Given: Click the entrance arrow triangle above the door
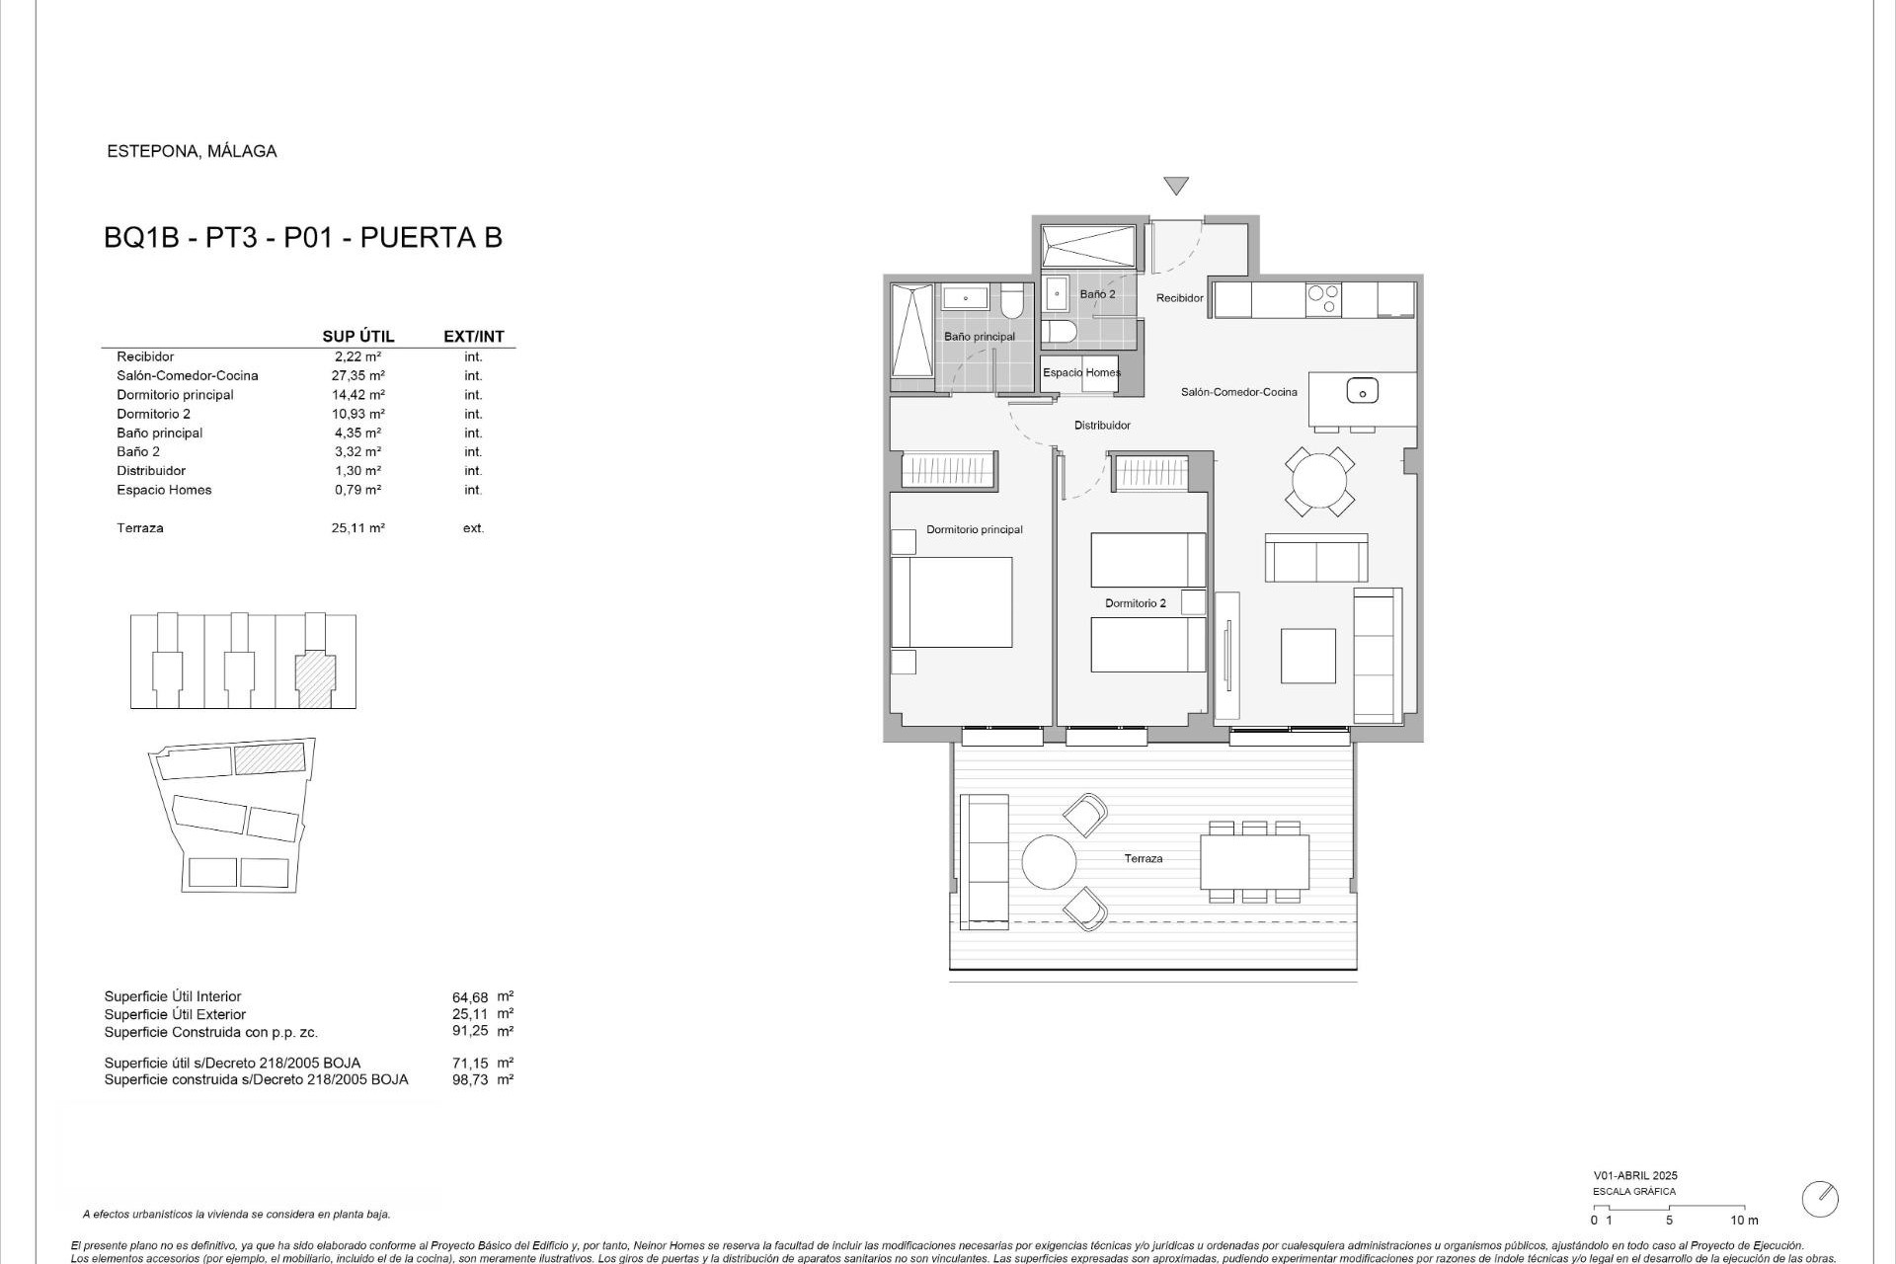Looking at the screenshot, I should point(1175,186).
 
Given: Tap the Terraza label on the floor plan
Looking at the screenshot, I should point(1143,859).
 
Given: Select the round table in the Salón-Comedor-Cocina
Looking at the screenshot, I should point(1319,482).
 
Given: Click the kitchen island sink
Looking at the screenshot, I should point(1362,391).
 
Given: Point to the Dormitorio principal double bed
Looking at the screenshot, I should point(952,602).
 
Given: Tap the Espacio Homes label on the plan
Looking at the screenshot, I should point(1081,372).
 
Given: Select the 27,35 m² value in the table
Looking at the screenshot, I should point(357,375).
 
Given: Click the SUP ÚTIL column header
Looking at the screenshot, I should point(357,337).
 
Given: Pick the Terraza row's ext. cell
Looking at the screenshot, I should point(473,528).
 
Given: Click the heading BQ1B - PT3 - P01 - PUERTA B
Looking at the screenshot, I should point(303,238).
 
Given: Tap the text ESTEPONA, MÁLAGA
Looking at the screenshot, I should point(192,151).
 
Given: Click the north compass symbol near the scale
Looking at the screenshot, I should point(1819,1199).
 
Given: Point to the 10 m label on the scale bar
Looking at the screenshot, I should point(1744,1221).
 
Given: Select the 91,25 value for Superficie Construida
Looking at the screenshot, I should point(470,1031).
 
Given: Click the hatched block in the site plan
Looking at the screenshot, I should point(270,758).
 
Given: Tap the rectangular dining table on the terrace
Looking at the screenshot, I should point(1254,861).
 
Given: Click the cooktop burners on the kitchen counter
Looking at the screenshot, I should point(1323,299).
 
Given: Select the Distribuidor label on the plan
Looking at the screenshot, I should point(1102,426).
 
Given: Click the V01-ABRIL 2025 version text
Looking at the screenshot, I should point(1634,1175).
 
